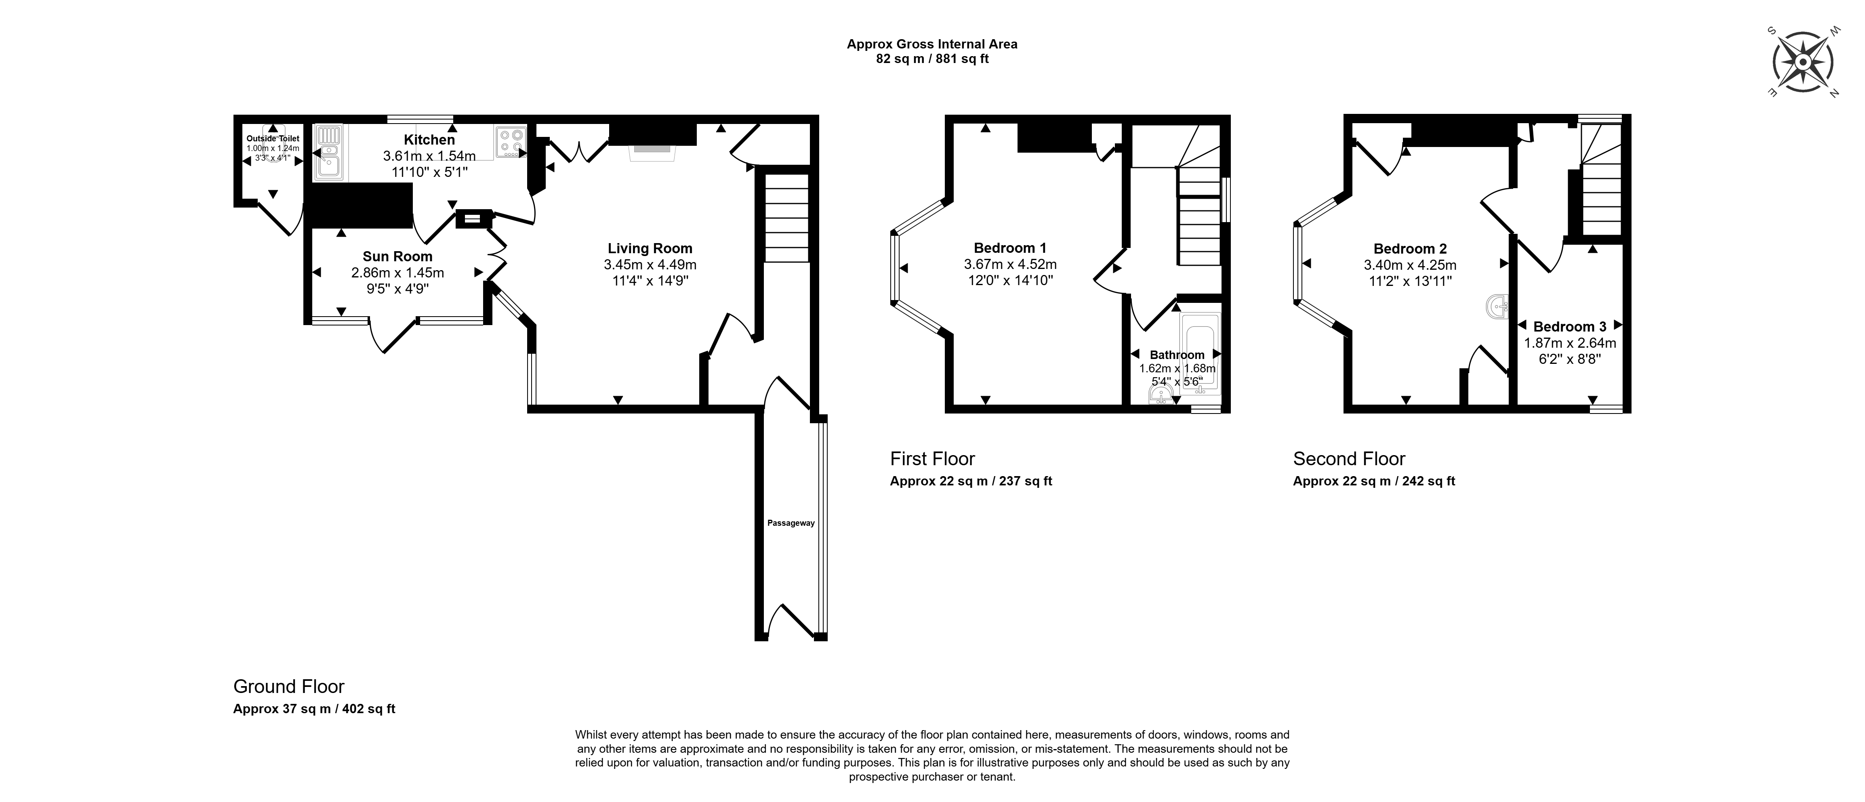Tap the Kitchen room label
coord(429,140)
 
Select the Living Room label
coord(650,248)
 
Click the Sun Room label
coord(397,256)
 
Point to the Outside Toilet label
coord(273,138)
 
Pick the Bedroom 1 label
coord(1010,248)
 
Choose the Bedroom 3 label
coord(1570,326)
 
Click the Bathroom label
coord(1177,355)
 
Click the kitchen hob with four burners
coord(511,142)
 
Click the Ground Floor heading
coord(289,686)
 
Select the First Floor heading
coord(932,459)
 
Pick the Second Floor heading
coord(1349,459)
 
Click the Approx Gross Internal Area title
coord(932,44)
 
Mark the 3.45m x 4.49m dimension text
coord(650,265)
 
